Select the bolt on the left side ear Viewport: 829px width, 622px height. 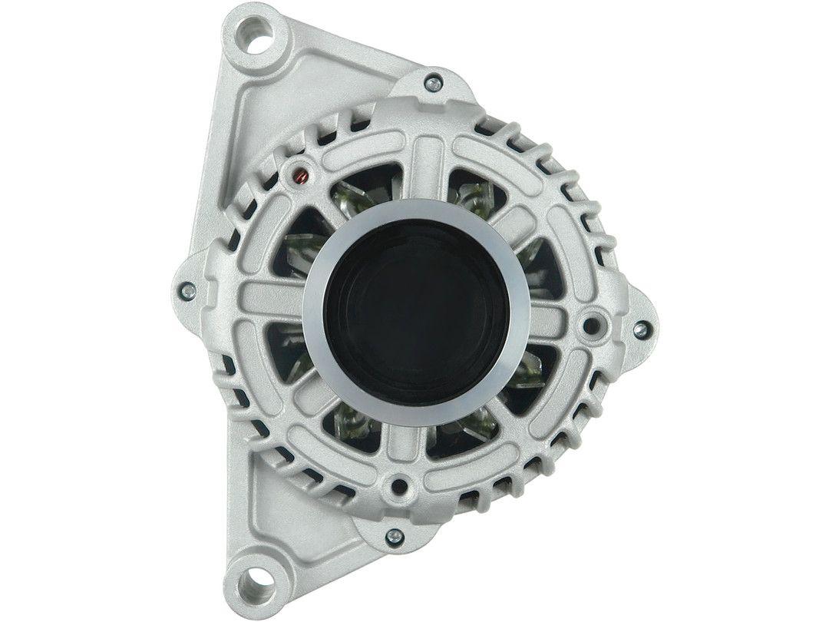click(187, 291)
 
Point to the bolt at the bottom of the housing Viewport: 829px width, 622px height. click(394, 536)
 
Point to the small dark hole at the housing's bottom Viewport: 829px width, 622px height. click(399, 485)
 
